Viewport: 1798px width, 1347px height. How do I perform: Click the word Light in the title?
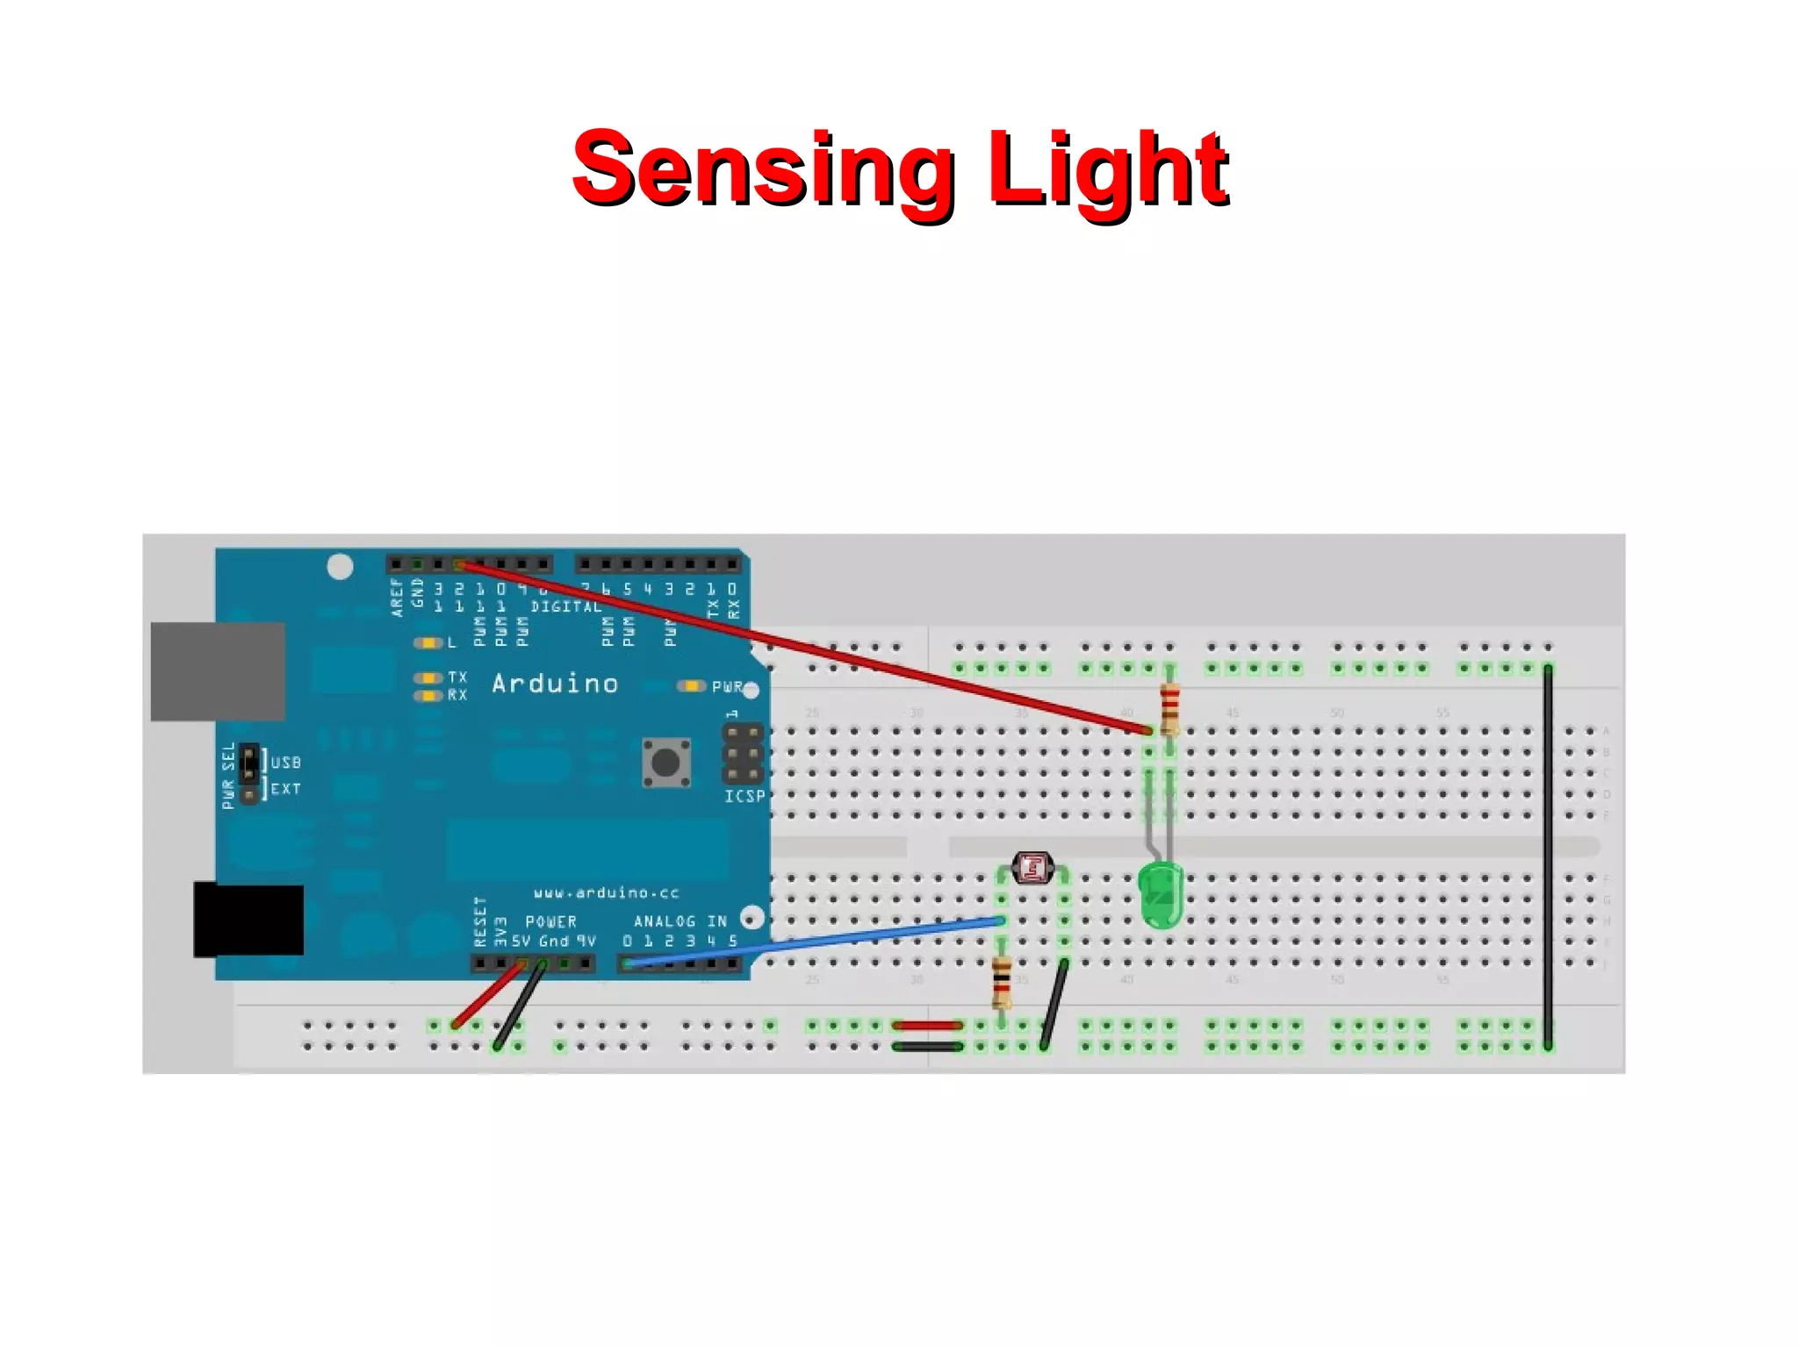[1108, 168]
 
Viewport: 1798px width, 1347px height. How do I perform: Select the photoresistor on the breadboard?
[1032, 868]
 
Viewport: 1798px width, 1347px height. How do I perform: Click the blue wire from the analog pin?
[816, 942]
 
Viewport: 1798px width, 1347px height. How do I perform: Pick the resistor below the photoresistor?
[1001, 981]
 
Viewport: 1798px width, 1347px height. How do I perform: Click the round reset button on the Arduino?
[665, 762]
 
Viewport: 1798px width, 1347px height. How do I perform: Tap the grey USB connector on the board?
[218, 671]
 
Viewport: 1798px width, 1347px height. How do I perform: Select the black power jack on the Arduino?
[248, 919]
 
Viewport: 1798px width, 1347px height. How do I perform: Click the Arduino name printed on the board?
[555, 684]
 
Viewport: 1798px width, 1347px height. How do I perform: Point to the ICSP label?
[744, 796]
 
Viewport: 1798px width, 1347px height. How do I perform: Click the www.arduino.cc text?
[606, 892]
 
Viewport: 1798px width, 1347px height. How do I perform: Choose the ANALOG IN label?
[680, 921]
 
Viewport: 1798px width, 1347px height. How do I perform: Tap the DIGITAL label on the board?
[566, 606]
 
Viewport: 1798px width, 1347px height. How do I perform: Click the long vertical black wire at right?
[1548, 856]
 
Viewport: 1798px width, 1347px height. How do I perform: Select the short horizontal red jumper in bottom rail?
[927, 1025]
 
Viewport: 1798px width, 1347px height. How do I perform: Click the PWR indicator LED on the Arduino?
[692, 685]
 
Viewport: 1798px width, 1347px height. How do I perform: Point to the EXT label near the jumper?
[285, 789]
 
